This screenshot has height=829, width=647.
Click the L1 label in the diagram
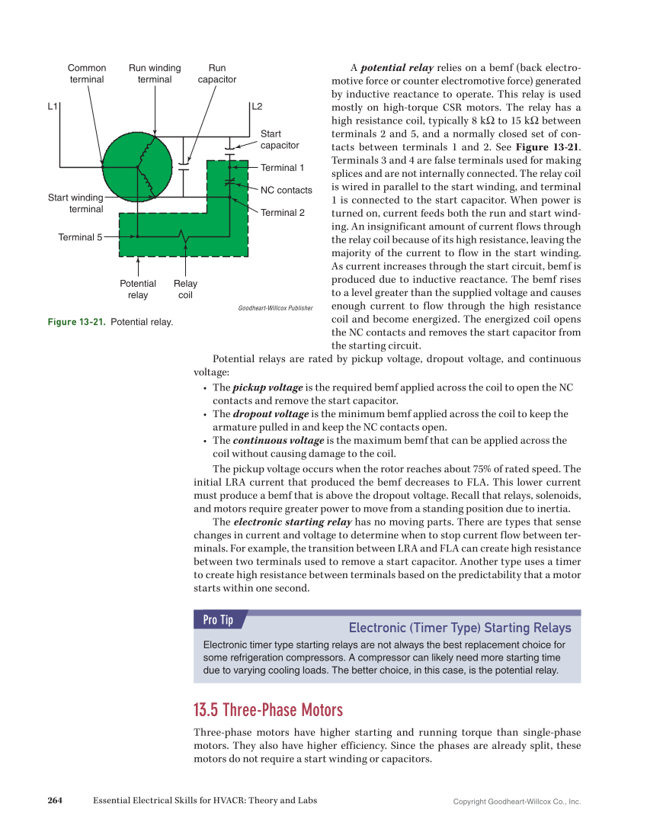53,106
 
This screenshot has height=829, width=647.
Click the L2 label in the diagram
257,106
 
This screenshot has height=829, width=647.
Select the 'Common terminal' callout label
87,73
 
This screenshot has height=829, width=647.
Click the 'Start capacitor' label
280,139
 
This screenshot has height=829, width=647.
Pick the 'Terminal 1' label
282,168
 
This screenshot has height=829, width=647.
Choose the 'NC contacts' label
286,190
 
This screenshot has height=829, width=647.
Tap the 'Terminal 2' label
282,213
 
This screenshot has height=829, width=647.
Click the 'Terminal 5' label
80,237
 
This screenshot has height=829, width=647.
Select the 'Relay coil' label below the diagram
185,289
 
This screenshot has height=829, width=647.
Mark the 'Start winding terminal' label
75,203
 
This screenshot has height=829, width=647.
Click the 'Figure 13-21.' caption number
77,323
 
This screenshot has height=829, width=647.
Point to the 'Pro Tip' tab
218,620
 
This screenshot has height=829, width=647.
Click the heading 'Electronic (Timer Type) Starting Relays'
459,628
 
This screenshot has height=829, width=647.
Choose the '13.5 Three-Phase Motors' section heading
268,710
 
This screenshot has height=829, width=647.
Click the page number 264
54,800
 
